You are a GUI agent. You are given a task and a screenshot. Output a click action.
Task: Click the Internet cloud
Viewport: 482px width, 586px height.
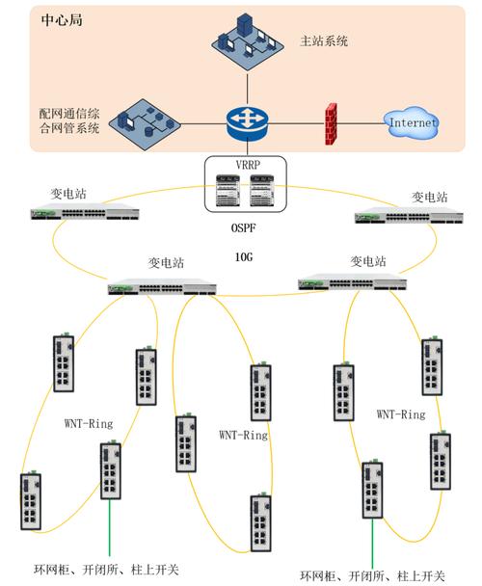coord(412,122)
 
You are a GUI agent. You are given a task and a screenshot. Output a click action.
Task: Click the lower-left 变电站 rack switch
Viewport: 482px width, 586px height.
coord(161,285)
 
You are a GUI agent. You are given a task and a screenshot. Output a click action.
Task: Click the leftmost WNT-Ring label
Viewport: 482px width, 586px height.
coord(91,421)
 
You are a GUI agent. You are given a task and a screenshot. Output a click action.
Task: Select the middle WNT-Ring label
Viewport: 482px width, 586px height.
coord(243,435)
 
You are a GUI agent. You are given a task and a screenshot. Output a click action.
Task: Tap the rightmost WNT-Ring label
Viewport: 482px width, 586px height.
coord(401,414)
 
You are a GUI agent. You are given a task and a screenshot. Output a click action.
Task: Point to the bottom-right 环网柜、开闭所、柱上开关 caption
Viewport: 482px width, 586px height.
coord(371,575)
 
